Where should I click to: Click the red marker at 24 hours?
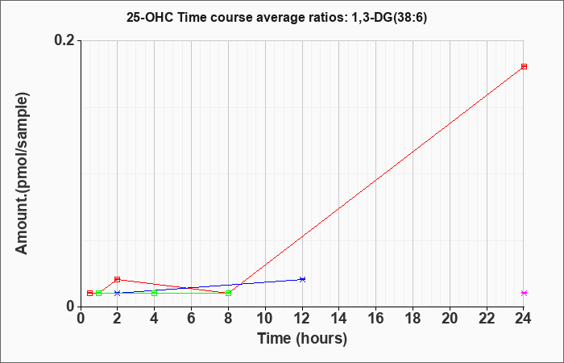[x=524, y=66]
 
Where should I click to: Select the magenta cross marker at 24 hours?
[x=524, y=293]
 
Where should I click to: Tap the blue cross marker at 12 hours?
[x=302, y=279]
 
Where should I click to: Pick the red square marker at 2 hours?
[x=118, y=279]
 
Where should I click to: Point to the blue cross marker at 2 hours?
[x=118, y=293]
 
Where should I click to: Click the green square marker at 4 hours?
[x=155, y=293]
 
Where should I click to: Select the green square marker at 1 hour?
[x=99, y=293]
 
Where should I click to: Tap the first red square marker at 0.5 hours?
[x=89, y=293]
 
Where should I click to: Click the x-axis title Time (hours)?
[x=302, y=338]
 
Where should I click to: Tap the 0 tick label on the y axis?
[x=71, y=306]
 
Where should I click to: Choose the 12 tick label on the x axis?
[x=302, y=319]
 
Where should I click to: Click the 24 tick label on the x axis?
[x=524, y=319]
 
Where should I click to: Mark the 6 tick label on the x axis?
[x=191, y=319]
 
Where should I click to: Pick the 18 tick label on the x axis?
[x=413, y=319]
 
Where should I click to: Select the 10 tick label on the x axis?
[x=265, y=319]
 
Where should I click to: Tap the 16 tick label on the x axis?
[x=376, y=319]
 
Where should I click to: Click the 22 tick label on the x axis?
[x=487, y=319]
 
